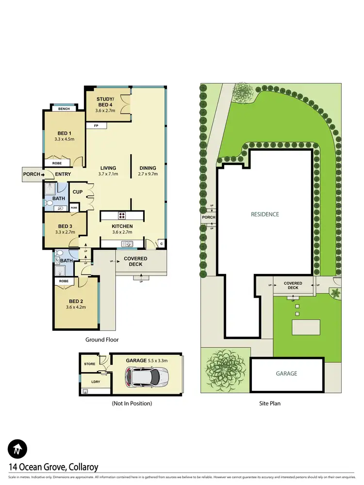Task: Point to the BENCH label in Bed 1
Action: [x=64, y=109]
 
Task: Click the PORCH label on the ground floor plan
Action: [x=31, y=174]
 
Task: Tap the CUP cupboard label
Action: [x=77, y=192]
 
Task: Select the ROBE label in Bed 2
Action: [x=64, y=281]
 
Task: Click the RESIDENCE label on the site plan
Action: [x=265, y=214]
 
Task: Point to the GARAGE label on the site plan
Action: [x=287, y=373]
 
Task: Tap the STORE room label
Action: [x=89, y=363]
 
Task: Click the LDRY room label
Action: [x=89, y=382]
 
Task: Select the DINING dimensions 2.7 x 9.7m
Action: [x=148, y=174]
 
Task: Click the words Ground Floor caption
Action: [x=102, y=339]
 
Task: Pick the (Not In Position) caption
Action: [x=132, y=403]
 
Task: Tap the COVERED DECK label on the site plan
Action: [x=293, y=286]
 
